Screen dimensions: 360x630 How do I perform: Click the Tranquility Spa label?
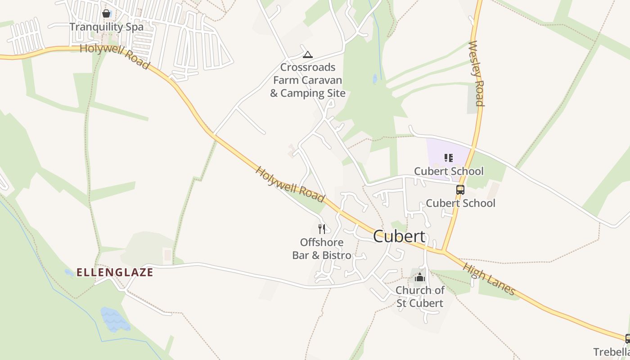point(107,27)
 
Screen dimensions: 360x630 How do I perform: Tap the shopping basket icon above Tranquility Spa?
point(106,13)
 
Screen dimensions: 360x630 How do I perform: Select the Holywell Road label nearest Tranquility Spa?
point(114,56)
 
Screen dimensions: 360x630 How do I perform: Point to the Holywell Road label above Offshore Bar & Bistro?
point(290,184)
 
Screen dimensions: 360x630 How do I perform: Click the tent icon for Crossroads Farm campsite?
point(308,55)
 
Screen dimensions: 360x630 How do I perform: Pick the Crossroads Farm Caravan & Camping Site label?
point(308,80)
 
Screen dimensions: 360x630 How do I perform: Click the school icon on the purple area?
point(448,157)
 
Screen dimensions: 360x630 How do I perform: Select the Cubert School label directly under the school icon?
point(449,171)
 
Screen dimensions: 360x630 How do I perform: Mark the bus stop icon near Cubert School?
point(460,190)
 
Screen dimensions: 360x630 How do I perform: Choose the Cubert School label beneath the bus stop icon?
point(460,203)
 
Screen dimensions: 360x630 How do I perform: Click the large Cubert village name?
point(399,236)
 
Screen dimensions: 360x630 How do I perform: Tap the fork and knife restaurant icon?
point(321,229)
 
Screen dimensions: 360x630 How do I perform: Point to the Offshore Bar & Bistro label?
point(322,249)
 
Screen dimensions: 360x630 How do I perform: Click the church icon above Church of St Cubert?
point(420,277)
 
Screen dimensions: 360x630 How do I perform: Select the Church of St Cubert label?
point(420,297)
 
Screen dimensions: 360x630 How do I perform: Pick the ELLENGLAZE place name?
point(115,272)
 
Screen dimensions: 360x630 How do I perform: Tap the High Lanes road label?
point(489,279)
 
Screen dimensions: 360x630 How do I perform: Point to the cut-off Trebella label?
point(611,352)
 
